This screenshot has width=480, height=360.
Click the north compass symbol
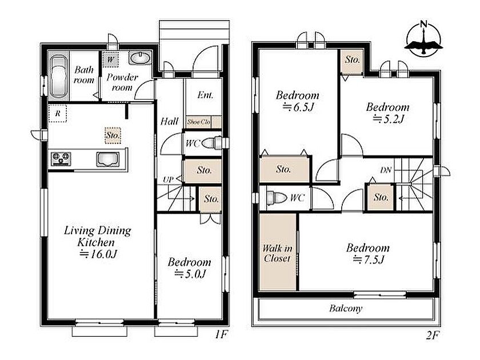pyautogui.click(x=423, y=39)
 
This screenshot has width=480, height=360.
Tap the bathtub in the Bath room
pyautogui.click(x=58, y=77)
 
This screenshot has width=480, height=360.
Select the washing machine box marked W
pyautogui.click(x=110, y=59)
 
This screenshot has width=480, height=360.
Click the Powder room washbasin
pyautogui.click(x=140, y=58)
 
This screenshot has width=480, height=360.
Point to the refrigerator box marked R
pyautogui.click(x=58, y=114)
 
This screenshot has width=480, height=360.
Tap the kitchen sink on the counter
pyautogui.click(x=108, y=159)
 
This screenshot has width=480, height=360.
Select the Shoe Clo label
pyautogui.click(x=199, y=122)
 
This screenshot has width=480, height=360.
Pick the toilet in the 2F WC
pyautogui.click(x=275, y=198)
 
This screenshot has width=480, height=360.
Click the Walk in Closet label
pyautogui.click(x=277, y=253)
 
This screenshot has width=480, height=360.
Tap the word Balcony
pyautogui.click(x=346, y=308)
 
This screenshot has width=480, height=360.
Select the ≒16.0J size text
pyautogui.click(x=99, y=254)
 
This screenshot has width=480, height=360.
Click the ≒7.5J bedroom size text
pyautogui.click(x=369, y=259)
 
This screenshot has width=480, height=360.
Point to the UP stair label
pyautogui.click(x=168, y=179)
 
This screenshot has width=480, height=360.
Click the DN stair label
pyautogui.click(x=386, y=170)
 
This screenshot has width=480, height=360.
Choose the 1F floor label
pyautogui.click(x=221, y=335)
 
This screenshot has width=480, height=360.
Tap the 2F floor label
pyautogui.click(x=433, y=336)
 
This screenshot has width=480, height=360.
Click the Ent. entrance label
pyautogui.click(x=205, y=95)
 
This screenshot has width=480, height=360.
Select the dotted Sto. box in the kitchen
pyautogui.click(x=113, y=135)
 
